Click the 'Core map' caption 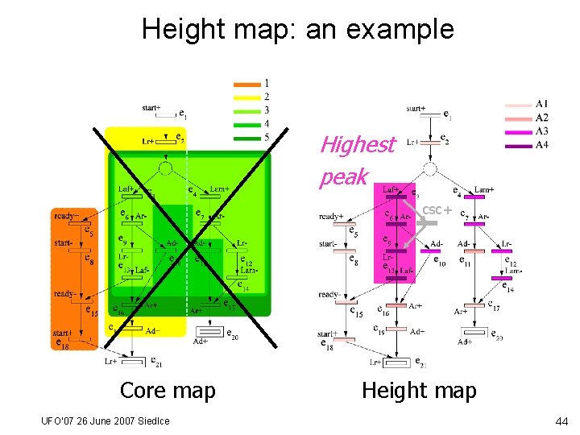pyautogui.click(x=168, y=391)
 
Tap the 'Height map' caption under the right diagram pyautogui.click(x=419, y=391)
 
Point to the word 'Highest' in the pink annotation pyautogui.click(x=358, y=145)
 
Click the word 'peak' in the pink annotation pyautogui.click(x=344, y=176)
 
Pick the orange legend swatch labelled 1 pyautogui.click(x=246, y=84)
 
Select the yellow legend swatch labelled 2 pyautogui.click(x=246, y=97)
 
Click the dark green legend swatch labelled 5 pyautogui.click(x=246, y=138)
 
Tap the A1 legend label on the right pyautogui.click(x=541, y=104)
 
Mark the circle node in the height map pyautogui.click(x=430, y=168)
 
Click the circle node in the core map pyautogui.click(x=165, y=168)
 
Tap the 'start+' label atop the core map pyautogui.click(x=151, y=107)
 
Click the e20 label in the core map pyautogui.click(x=232, y=334)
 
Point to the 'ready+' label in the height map pyautogui.click(x=332, y=216)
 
